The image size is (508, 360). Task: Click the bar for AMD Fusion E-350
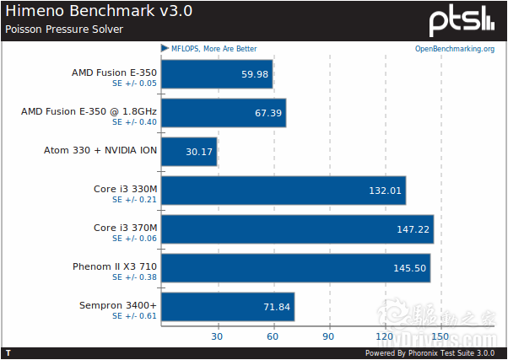(x=216, y=74)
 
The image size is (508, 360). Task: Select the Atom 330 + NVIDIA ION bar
(x=188, y=152)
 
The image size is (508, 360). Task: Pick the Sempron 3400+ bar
(x=227, y=307)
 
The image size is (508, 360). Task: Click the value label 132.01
(x=384, y=191)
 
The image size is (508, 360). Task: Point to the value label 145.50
(x=409, y=268)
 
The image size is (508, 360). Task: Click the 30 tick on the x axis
(x=217, y=336)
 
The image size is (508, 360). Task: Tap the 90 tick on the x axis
(x=329, y=336)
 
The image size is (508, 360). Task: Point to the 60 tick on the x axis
(x=273, y=336)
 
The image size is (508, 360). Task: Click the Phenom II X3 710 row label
(x=115, y=266)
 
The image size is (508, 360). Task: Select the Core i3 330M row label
(x=126, y=188)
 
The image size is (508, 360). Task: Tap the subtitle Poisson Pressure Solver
(x=64, y=29)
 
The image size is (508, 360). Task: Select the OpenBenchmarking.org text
(x=454, y=49)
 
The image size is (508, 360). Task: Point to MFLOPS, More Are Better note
(x=213, y=49)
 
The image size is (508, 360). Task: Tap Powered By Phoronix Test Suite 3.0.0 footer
(x=430, y=353)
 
